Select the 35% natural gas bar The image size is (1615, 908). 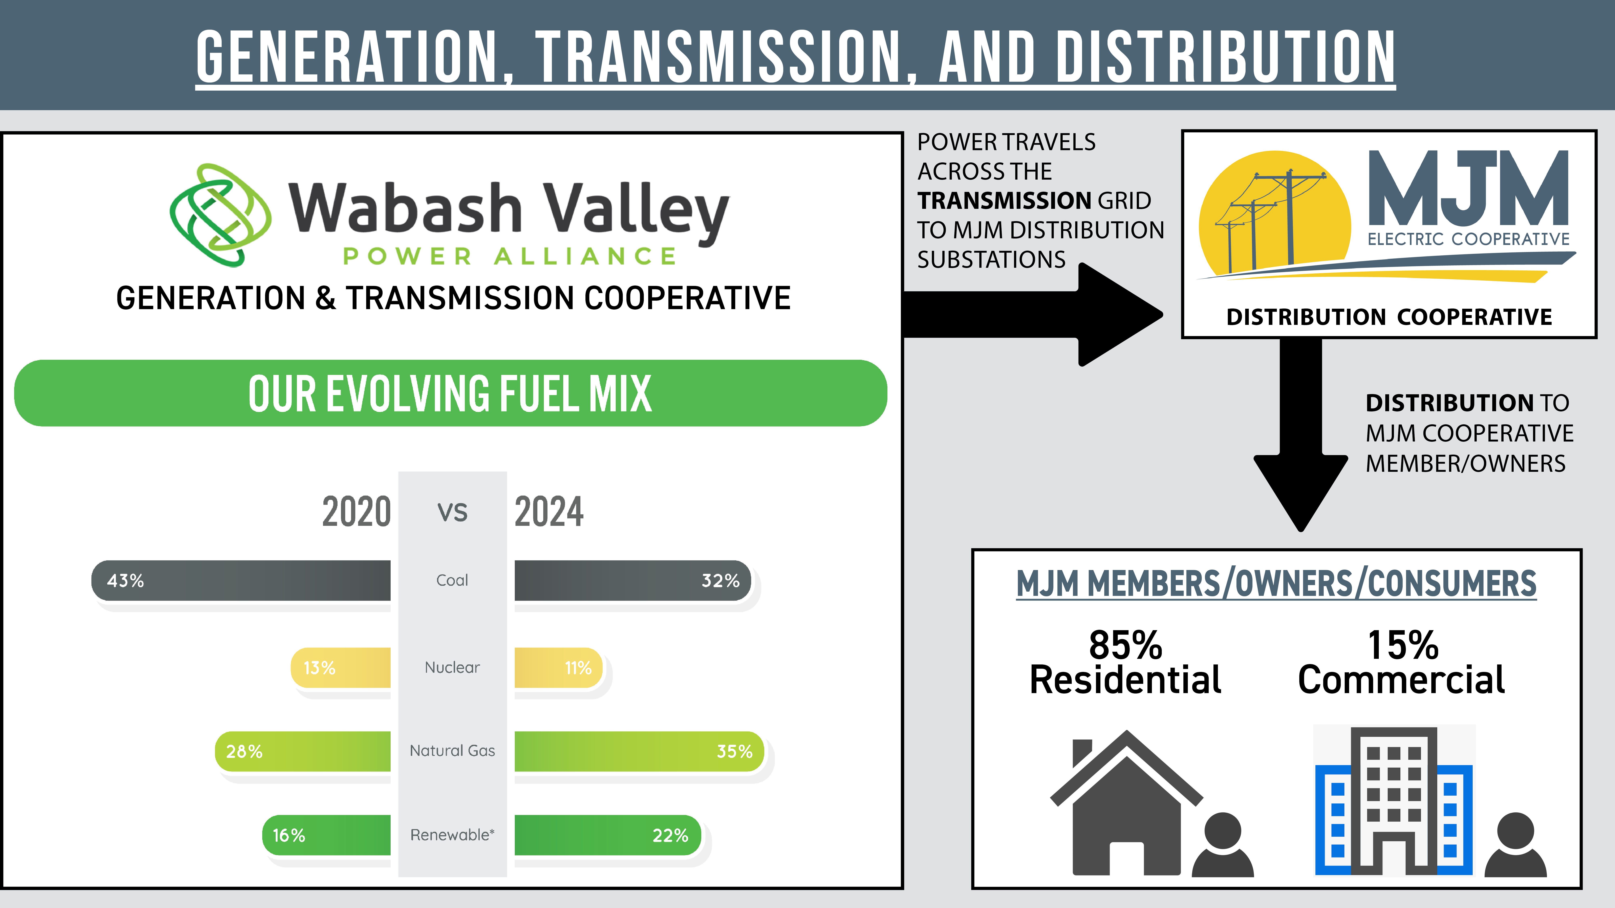[x=638, y=751]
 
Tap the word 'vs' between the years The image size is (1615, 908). [x=452, y=511]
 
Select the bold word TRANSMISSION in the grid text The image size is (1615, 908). [x=1004, y=201]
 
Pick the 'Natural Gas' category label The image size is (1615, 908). [x=452, y=751]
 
